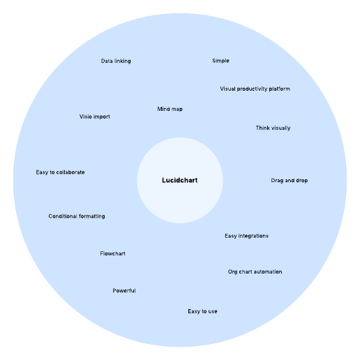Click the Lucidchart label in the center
(x=180, y=180)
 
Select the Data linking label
(x=116, y=61)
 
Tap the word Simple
(x=220, y=61)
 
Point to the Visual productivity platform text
(x=255, y=89)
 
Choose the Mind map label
(x=170, y=109)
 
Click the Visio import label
(x=95, y=117)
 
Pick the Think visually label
(x=273, y=128)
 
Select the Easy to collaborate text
(x=60, y=172)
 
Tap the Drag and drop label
(x=290, y=181)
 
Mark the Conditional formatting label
(x=77, y=216)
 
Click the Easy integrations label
(x=246, y=236)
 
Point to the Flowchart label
(x=112, y=253)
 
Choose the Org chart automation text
(x=255, y=271)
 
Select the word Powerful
(x=124, y=291)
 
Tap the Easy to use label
(x=202, y=311)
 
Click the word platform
(x=280, y=89)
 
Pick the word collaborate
(x=70, y=172)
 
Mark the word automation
(x=267, y=271)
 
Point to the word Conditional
(x=63, y=216)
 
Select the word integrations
(x=253, y=236)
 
